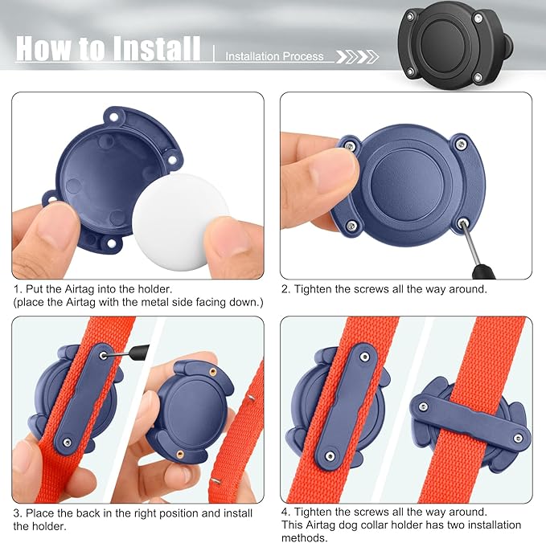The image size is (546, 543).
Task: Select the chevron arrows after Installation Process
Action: (x=357, y=57)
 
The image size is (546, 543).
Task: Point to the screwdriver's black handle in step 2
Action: (x=483, y=271)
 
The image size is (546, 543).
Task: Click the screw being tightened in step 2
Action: (x=462, y=223)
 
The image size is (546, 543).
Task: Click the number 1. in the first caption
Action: (x=18, y=289)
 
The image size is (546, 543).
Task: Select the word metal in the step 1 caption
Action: (x=148, y=302)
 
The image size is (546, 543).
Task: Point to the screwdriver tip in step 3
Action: (x=105, y=355)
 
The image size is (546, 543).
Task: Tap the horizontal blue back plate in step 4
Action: (x=470, y=420)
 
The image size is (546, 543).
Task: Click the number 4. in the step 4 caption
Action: (x=286, y=512)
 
